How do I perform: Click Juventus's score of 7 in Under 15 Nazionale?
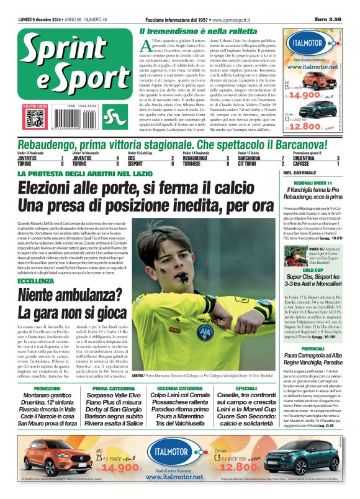[62, 158]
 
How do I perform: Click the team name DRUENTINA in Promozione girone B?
[297, 158]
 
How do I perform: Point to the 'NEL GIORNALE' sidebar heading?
[296, 173]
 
